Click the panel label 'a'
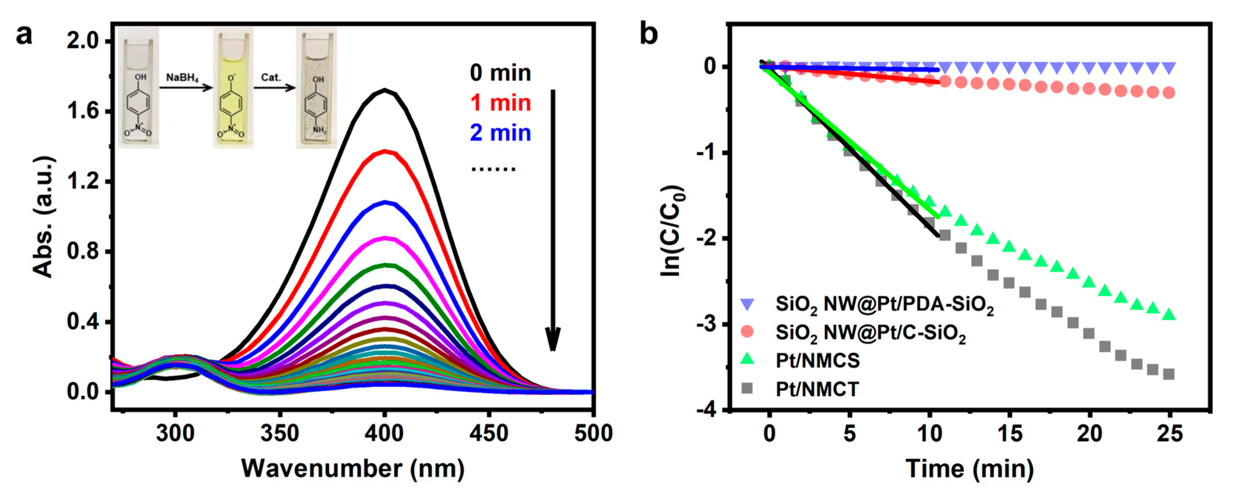pos(24,35)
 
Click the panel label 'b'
pos(649,35)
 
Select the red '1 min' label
pos(500,103)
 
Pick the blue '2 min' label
pos(500,133)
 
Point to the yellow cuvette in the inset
pos(233,88)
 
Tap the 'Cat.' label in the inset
pos(271,77)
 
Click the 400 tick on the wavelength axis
pos(384,433)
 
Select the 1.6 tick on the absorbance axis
pos(82,111)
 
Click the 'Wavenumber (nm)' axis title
pos(353,468)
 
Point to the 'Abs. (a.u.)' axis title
pos(44,216)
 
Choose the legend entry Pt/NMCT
pos(817,389)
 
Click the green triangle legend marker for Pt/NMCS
pos(747,359)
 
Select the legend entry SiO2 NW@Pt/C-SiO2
pos(870,333)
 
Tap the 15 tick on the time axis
pos(1009,433)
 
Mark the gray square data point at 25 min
pos(1169,374)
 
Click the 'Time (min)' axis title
pos(969,468)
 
